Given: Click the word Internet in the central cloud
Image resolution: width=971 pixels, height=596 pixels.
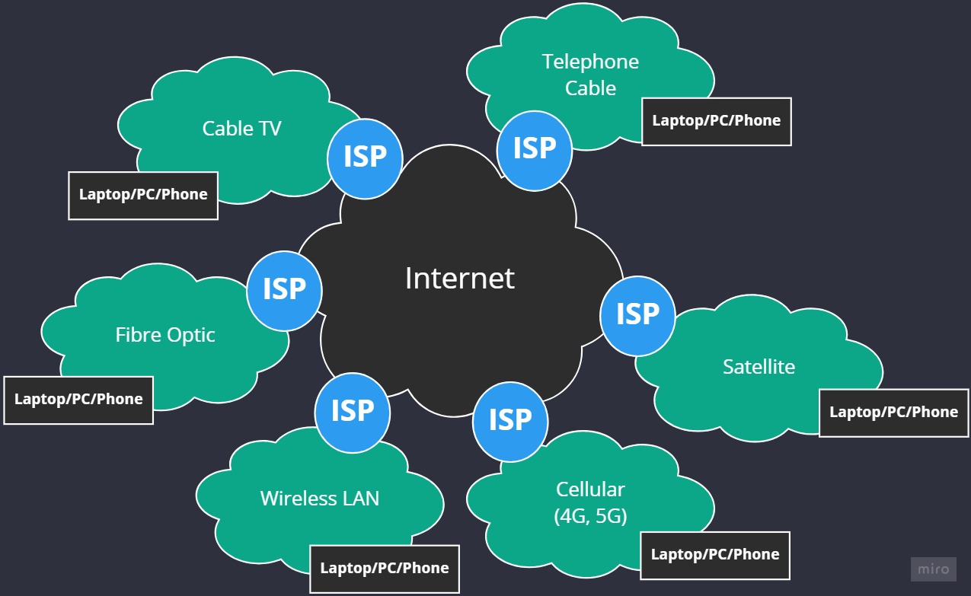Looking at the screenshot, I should (x=459, y=279).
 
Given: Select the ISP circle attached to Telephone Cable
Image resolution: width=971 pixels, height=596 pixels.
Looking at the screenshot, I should (x=534, y=150).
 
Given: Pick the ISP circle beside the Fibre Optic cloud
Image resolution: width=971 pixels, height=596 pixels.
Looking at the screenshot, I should (x=284, y=290).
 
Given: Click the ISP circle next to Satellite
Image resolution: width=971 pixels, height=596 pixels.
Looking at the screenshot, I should (x=637, y=315).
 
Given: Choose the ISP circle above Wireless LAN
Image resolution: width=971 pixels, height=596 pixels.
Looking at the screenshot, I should (x=352, y=412).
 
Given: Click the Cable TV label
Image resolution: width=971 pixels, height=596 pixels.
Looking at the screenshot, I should (x=241, y=129).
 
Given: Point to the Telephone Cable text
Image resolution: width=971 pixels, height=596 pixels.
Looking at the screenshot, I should (x=590, y=75).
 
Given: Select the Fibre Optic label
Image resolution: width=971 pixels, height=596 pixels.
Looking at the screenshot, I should (x=165, y=335).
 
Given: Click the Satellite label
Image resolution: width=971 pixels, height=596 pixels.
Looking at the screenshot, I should (x=759, y=367).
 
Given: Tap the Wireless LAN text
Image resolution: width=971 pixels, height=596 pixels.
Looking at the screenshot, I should (x=319, y=499).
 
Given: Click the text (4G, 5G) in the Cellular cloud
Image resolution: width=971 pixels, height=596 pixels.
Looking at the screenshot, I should (x=590, y=517).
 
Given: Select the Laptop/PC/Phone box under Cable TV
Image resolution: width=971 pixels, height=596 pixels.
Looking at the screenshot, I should (x=143, y=195).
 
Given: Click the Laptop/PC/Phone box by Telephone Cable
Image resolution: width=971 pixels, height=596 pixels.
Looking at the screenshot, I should (x=716, y=121).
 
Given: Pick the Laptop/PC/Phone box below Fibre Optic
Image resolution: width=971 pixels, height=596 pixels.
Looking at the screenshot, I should (x=78, y=400).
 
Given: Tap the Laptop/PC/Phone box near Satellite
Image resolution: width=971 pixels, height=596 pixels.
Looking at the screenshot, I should (x=893, y=413).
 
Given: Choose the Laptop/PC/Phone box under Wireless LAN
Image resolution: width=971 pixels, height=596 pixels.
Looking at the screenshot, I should (x=384, y=569).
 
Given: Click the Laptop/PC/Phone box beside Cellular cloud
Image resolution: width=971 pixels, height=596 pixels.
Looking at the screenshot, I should (x=714, y=555).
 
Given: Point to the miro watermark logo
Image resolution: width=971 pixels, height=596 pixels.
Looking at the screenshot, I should (x=933, y=569).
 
